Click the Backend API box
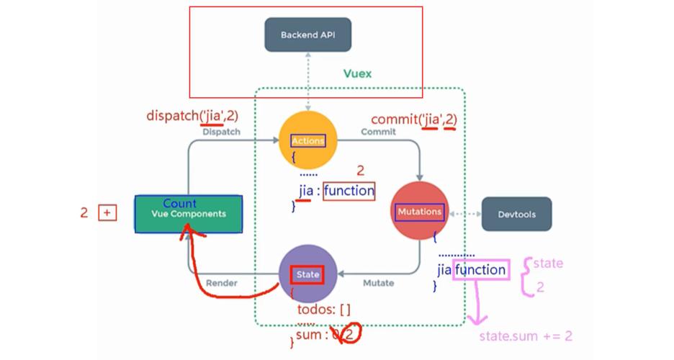point(308,35)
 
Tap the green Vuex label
point(358,74)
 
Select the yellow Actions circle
point(307,140)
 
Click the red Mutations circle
point(419,212)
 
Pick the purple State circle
point(307,274)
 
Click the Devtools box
point(516,214)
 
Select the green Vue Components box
point(188,214)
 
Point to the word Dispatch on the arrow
point(221,132)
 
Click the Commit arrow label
point(378,132)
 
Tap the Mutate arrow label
point(378,283)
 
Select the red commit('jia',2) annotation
point(414,120)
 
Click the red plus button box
point(107,213)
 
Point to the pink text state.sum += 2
point(526,336)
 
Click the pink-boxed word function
point(480,270)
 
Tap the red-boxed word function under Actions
point(349,191)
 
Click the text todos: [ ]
point(323,310)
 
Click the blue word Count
point(179,204)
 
